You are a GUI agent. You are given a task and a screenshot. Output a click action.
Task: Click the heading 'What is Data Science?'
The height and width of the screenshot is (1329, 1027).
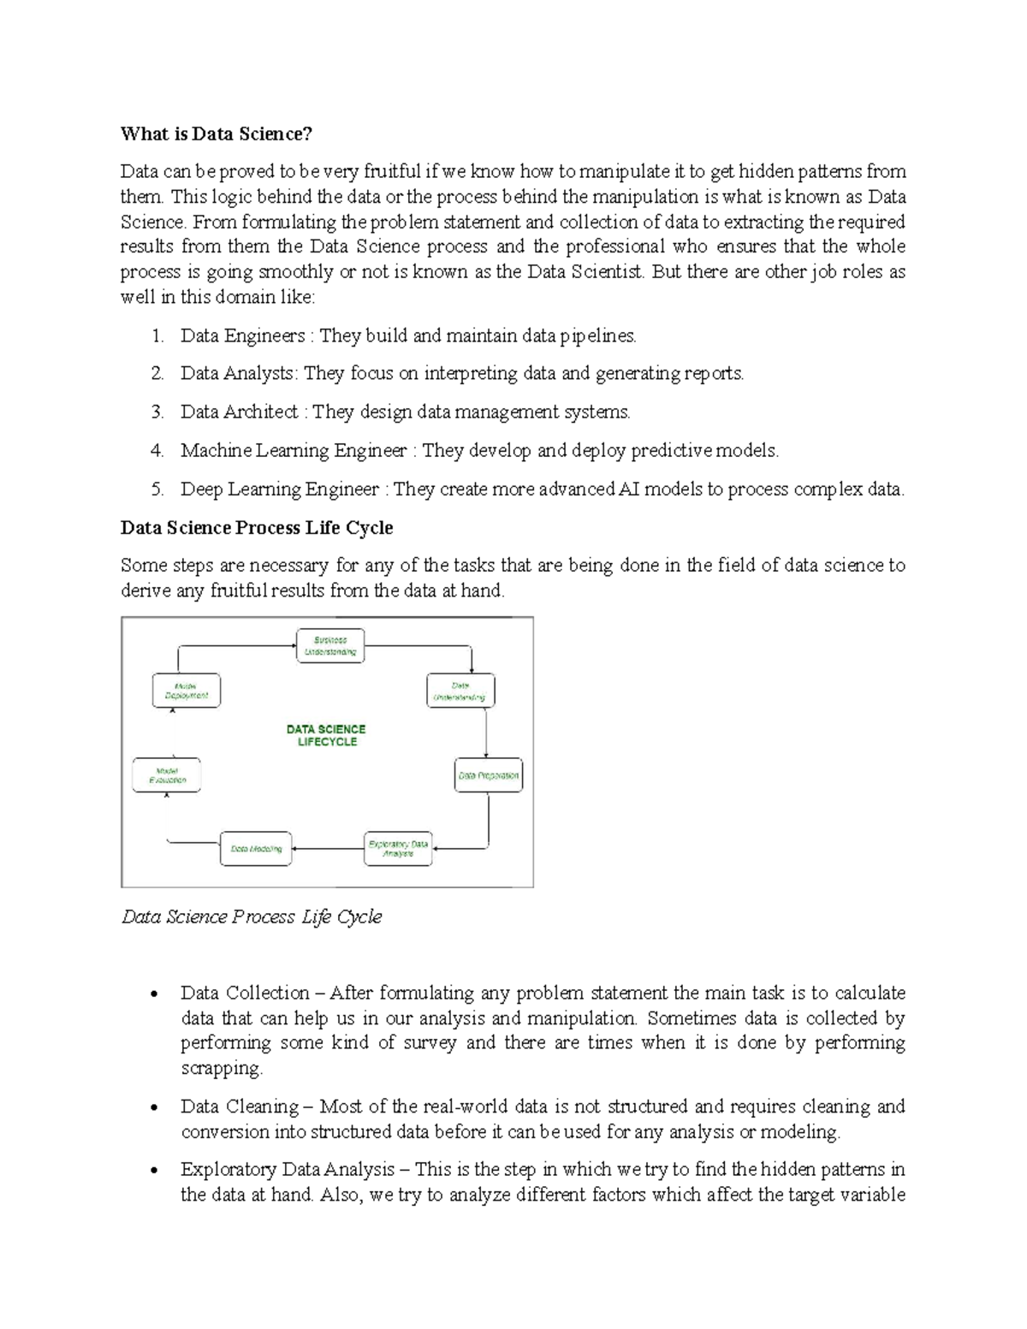click(x=217, y=133)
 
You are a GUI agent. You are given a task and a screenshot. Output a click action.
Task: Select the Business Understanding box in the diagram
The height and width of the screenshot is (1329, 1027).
click(x=329, y=646)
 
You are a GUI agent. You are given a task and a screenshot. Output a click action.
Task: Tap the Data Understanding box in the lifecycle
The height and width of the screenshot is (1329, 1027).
click(x=460, y=691)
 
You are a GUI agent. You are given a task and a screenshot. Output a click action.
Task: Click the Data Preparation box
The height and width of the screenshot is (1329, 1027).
click(x=488, y=775)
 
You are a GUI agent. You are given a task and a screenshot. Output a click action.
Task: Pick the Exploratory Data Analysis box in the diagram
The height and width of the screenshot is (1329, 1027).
click(x=398, y=849)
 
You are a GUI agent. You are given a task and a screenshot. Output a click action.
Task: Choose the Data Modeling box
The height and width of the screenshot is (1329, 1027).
click(x=256, y=849)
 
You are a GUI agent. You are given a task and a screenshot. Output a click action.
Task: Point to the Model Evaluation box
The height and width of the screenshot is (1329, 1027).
click(x=167, y=775)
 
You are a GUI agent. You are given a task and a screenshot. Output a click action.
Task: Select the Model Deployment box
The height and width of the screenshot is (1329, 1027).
click(x=186, y=691)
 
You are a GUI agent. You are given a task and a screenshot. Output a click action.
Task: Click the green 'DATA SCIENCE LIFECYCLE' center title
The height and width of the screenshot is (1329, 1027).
click(x=326, y=735)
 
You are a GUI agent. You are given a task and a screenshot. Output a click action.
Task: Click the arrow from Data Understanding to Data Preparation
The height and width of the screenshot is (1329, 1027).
click(x=486, y=733)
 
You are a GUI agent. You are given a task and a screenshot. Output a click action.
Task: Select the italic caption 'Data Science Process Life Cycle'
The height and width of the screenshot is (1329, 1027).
click(x=252, y=917)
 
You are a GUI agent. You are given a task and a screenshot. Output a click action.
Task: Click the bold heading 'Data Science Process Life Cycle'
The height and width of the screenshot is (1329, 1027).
click(x=257, y=527)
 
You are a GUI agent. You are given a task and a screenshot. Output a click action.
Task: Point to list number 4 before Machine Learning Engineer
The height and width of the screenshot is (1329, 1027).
click(x=157, y=450)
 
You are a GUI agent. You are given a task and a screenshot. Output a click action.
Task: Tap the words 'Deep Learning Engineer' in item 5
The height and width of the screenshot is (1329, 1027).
click(x=279, y=489)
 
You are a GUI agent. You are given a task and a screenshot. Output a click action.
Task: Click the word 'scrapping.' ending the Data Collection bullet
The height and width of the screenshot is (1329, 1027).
click(x=222, y=1068)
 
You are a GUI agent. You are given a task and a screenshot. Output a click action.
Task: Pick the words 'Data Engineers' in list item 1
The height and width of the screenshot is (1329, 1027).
click(x=242, y=335)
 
